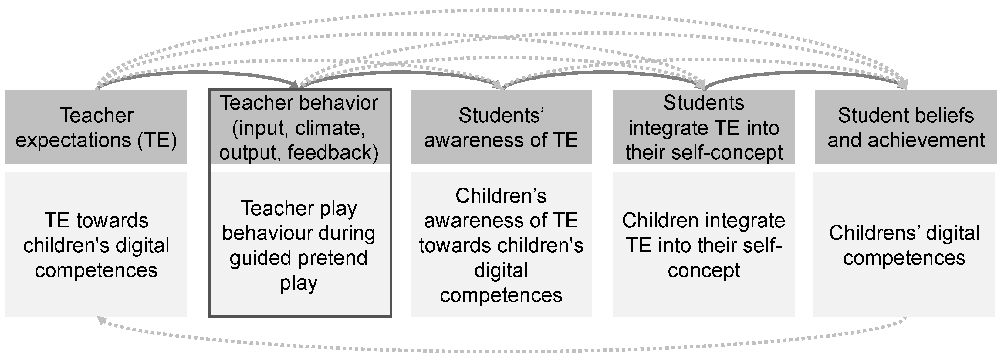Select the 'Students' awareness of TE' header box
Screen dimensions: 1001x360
[x=501, y=127]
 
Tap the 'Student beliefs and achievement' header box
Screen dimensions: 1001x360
[x=905, y=127]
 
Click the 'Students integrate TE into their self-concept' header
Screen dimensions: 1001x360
[x=703, y=127]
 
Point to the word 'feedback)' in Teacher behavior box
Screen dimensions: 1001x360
[x=333, y=152]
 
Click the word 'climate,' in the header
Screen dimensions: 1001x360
[x=330, y=128]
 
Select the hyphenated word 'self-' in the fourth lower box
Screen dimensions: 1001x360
[x=760, y=245]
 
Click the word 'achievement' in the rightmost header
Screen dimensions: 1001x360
[x=926, y=140]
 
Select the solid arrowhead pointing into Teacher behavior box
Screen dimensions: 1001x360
[x=294, y=85]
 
